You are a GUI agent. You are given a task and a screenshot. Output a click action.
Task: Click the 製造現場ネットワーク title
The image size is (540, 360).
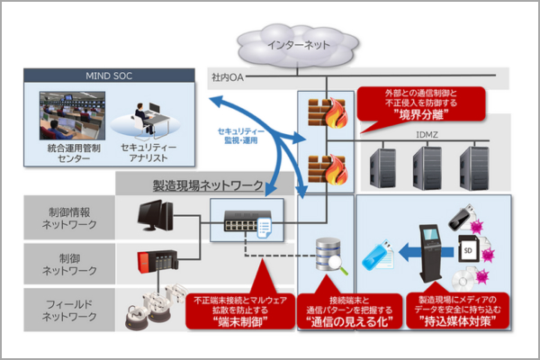(206, 185)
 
